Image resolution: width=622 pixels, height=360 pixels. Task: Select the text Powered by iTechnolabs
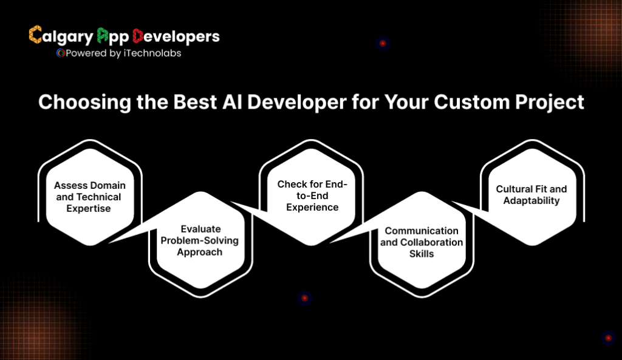[x=122, y=53]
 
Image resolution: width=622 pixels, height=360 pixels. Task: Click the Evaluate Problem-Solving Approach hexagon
[x=200, y=240]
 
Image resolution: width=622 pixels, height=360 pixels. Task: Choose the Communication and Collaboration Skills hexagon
[x=422, y=242]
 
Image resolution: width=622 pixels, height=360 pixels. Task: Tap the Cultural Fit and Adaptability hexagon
[x=531, y=194]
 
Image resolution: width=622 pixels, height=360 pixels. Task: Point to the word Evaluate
[x=200, y=229]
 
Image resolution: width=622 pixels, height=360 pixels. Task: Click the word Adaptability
[x=531, y=200]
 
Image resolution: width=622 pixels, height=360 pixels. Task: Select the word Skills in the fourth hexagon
[x=422, y=253]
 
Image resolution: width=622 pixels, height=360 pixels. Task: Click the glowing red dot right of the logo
[x=382, y=43]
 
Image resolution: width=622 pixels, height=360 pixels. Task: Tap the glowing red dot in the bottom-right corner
[x=607, y=338]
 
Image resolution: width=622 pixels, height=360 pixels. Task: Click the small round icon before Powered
[x=60, y=53]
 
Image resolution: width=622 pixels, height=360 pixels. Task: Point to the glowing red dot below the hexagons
[x=304, y=298]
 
